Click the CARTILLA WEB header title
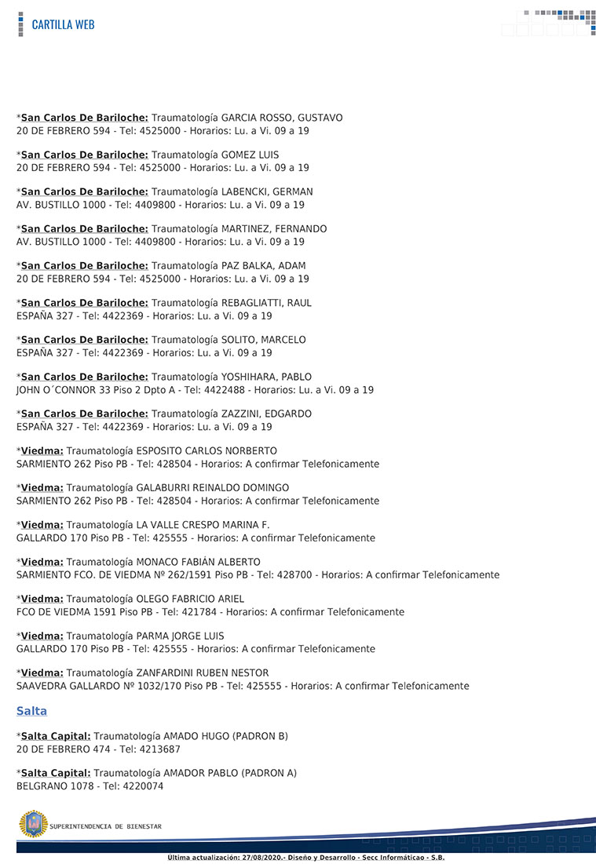(63, 24)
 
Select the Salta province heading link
(31, 712)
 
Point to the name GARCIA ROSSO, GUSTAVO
(282, 118)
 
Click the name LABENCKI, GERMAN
(267, 191)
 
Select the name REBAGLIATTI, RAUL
(266, 303)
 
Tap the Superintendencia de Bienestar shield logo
(33, 824)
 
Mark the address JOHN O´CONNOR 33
(68, 390)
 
